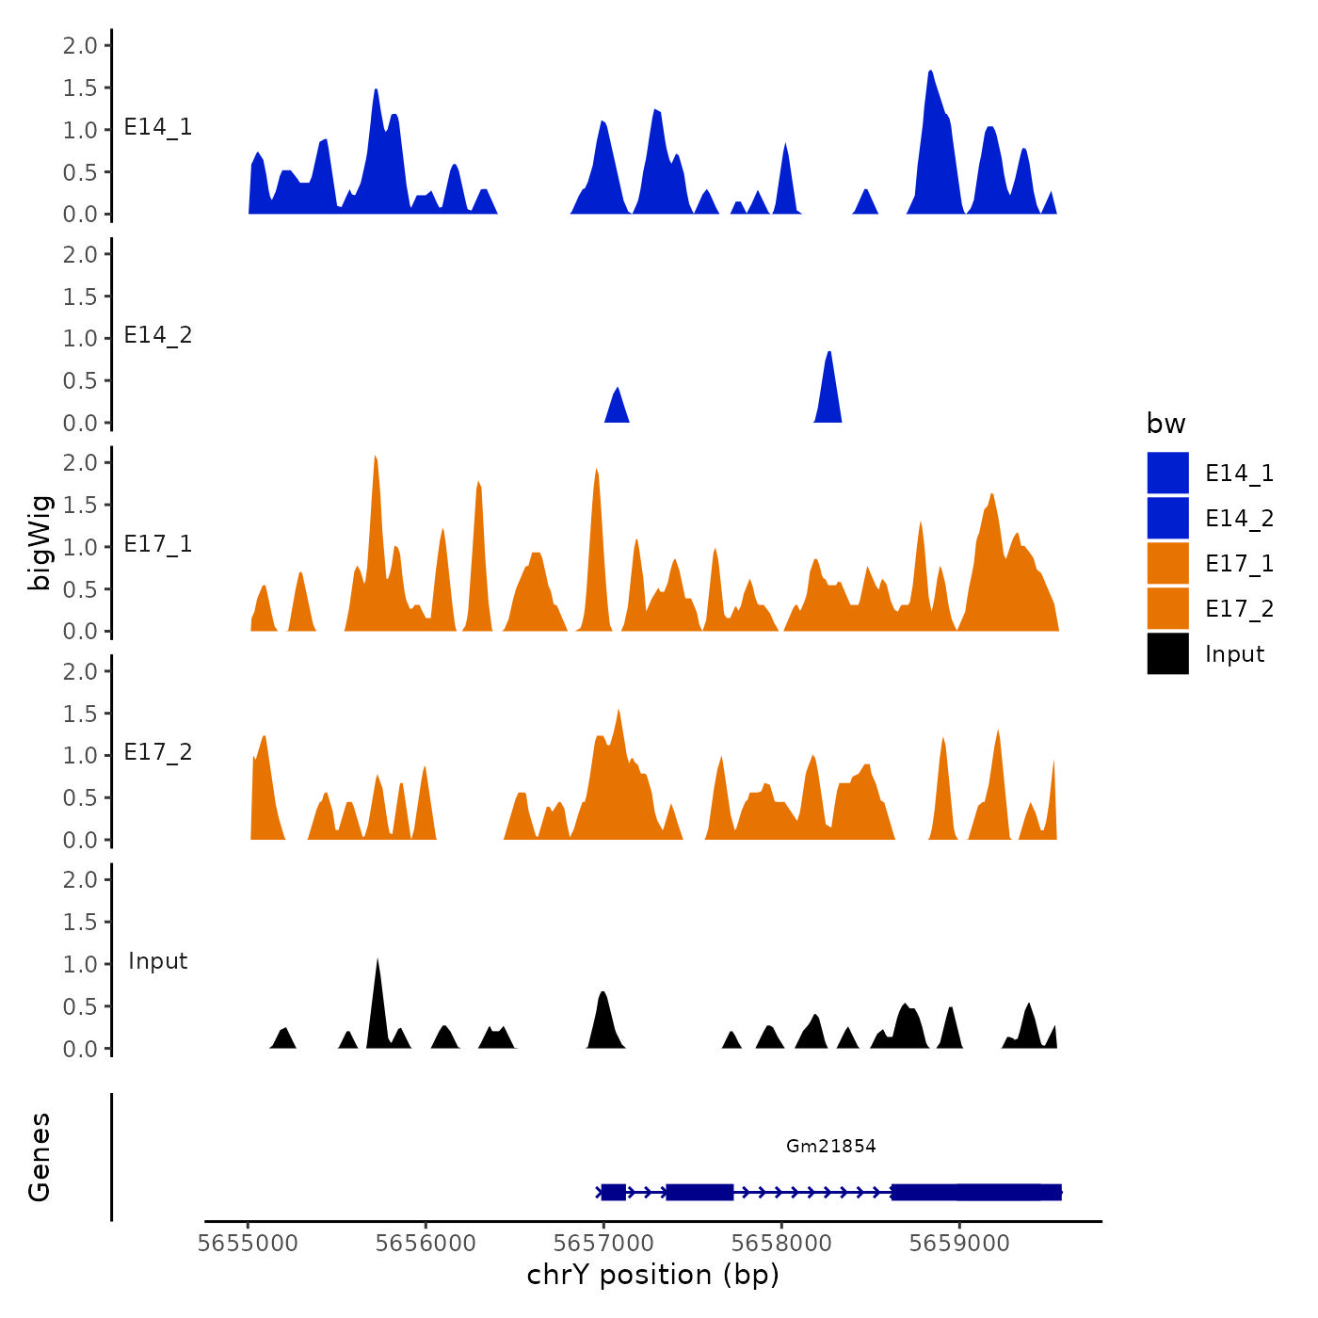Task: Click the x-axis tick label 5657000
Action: [603, 1244]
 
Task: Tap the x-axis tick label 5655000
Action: [248, 1244]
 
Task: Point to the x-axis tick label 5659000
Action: [959, 1244]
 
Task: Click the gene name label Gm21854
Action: [830, 1146]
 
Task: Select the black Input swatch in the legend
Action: [1167, 654]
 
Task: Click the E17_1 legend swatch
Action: [1167, 564]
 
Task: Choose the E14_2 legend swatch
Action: [1167, 519]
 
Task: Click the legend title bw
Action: [1165, 424]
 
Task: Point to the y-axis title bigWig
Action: [40, 542]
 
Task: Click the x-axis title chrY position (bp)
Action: [652, 1275]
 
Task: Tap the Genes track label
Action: [40, 1157]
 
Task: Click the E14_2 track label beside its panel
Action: [158, 336]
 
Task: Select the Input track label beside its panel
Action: [158, 961]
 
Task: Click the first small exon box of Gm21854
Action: [613, 1192]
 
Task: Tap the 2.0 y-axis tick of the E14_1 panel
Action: [80, 46]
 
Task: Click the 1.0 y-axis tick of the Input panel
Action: [80, 964]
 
